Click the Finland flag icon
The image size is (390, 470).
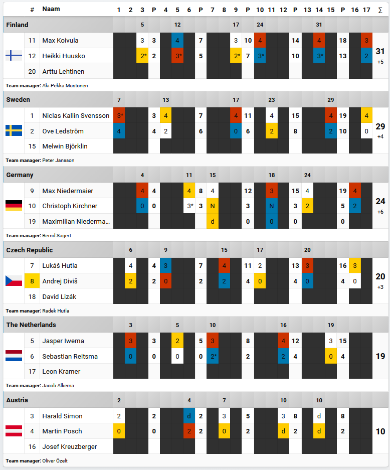click(14, 56)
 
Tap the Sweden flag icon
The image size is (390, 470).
click(14, 131)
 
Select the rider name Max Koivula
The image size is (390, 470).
click(60, 40)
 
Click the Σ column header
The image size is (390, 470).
click(380, 10)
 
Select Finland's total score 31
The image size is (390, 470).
click(380, 51)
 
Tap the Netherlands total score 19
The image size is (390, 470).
click(380, 356)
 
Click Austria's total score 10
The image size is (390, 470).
click(380, 431)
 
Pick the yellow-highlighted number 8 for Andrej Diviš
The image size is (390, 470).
click(32, 281)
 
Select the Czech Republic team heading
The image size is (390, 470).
click(29, 250)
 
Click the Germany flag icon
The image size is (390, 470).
click(14, 206)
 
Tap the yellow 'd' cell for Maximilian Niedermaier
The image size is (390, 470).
click(213, 221)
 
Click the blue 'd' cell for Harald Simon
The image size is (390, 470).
click(189, 416)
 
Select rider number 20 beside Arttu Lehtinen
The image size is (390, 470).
click(32, 71)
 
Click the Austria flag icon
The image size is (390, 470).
click(14, 431)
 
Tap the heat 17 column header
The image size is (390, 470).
click(366, 10)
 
